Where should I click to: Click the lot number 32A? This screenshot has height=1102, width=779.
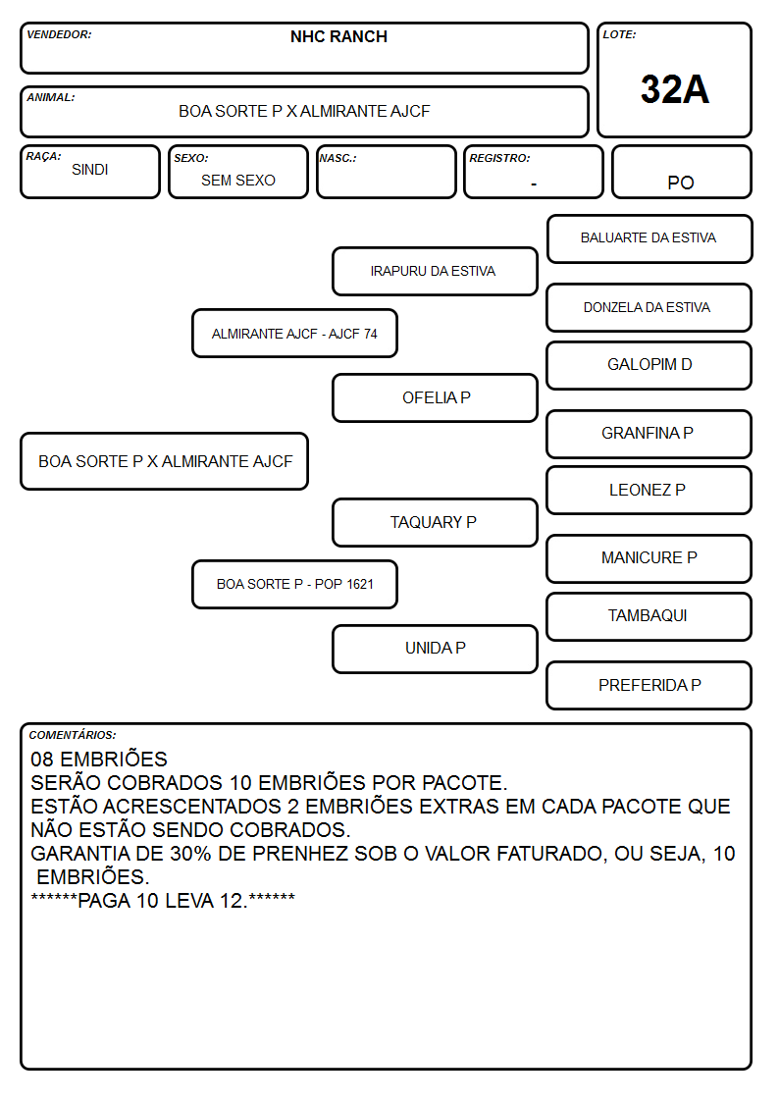click(x=674, y=89)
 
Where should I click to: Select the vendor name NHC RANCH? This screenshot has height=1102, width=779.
click(x=338, y=36)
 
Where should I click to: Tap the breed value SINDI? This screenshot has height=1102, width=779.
click(x=90, y=170)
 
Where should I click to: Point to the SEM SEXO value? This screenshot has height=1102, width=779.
click(x=238, y=181)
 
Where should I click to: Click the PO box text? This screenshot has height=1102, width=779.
click(x=681, y=183)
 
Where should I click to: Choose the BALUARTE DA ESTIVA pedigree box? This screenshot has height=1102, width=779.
click(x=649, y=239)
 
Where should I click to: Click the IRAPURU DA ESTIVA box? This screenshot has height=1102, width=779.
click(x=435, y=271)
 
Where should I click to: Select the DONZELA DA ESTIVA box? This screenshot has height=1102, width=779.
click(x=649, y=307)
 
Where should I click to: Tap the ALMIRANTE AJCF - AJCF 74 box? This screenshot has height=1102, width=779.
click(x=294, y=333)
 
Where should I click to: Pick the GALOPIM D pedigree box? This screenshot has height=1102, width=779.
click(x=649, y=365)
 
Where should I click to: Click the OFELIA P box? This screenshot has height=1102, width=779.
click(x=435, y=397)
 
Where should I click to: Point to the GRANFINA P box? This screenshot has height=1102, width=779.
click(x=649, y=434)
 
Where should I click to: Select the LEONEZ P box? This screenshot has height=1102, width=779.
click(x=649, y=490)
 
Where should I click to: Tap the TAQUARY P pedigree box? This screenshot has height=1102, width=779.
click(x=435, y=522)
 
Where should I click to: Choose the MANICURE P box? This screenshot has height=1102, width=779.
click(x=649, y=558)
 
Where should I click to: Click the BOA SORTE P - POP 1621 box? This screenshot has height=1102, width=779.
click(x=294, y=584)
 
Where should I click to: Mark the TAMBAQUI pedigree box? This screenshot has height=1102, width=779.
click(x=649, y=616)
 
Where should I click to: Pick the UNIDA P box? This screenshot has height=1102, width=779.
click(x=435, y=649)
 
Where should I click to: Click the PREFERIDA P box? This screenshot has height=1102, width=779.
click(x=649, y=685)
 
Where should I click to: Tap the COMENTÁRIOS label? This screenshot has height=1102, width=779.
click(x=73, y=735)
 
